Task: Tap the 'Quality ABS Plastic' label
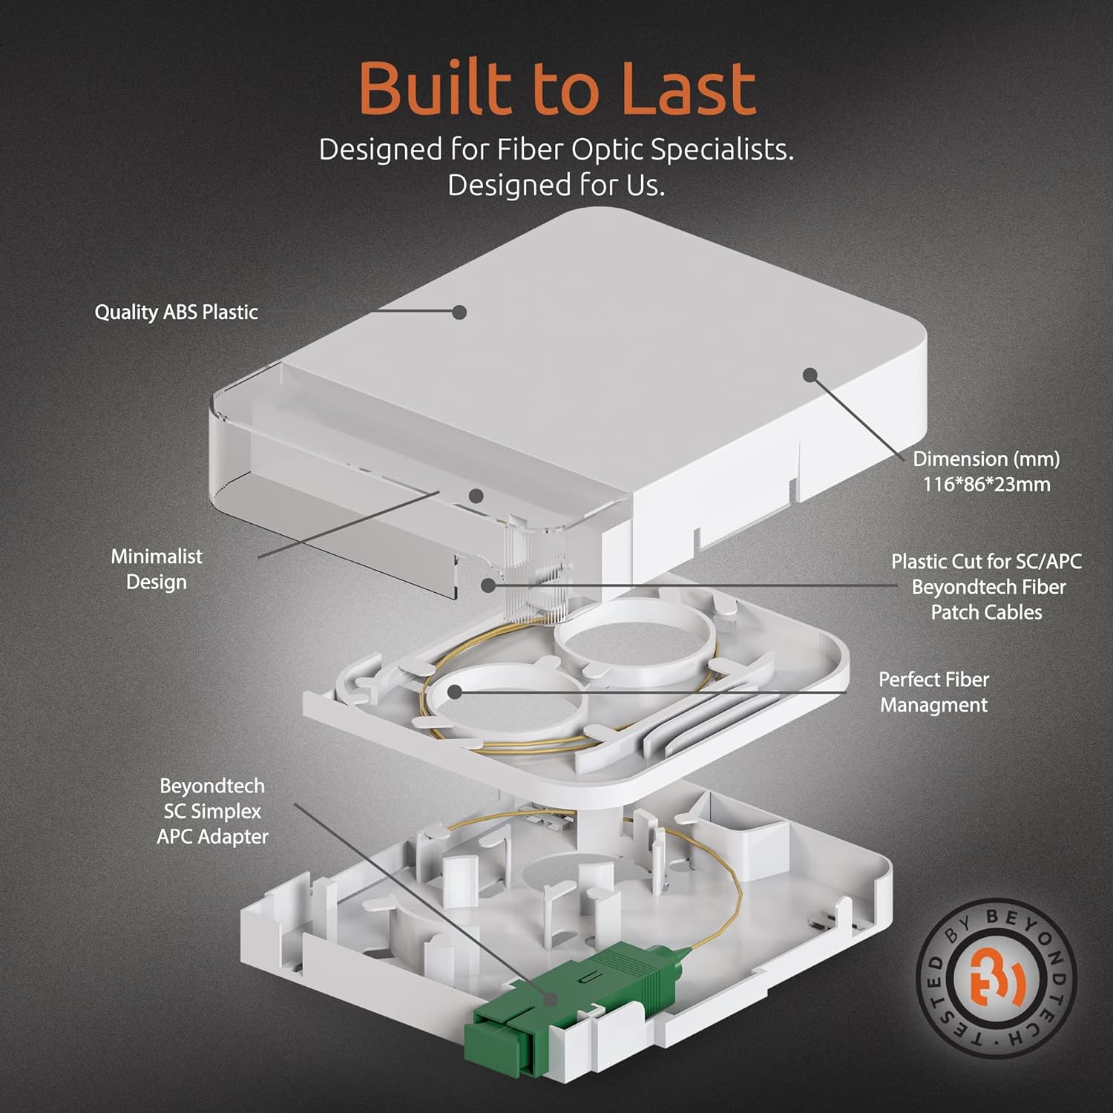(176, 312)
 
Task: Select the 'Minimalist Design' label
(157, 569)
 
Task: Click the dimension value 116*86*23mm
(986, 485)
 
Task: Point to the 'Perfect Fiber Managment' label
(933, 692)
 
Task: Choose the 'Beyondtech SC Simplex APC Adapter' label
(212, 811)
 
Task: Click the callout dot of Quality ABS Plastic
(459, 312)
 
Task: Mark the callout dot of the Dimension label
(810, 375)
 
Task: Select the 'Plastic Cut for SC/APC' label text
(986, 562)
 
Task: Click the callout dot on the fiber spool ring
(455, 692)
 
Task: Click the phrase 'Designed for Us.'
(556, 185)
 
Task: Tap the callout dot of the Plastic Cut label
(487, 585)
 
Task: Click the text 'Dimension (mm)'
(986, 459)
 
